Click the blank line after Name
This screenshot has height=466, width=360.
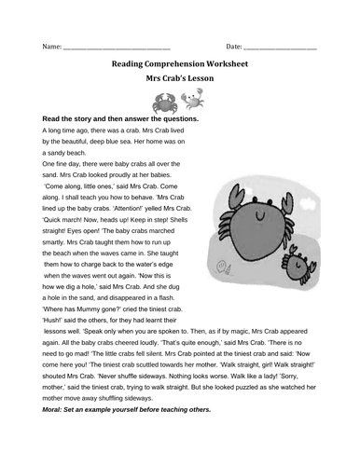pyautogui.click(x=117, y=47)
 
